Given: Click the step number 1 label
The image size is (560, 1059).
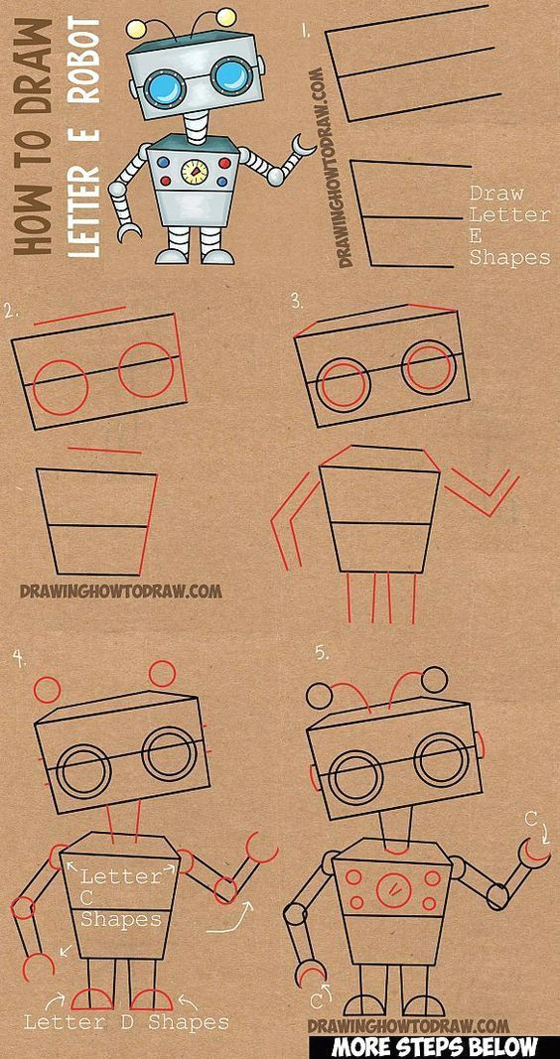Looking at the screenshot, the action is [x=306, y=32].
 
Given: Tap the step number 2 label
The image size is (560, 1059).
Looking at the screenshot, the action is [x=10, y=312].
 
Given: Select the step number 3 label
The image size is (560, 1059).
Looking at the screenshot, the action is [x=297, y=302].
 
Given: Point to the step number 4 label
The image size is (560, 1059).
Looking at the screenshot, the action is [x=20, y=658].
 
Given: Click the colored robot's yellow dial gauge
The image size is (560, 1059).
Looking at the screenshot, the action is [x=195, y=173].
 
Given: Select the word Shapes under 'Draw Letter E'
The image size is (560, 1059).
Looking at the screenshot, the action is [x=509, y=257].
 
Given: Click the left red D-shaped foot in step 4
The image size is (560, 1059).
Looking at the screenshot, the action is [x=92, y=999].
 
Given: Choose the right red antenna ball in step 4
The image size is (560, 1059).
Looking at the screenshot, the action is [x=162, y=674].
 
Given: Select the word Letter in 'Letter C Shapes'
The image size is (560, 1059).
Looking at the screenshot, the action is [x=121, y=876].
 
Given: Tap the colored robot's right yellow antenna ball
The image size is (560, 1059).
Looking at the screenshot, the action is [x=227, y=16].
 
